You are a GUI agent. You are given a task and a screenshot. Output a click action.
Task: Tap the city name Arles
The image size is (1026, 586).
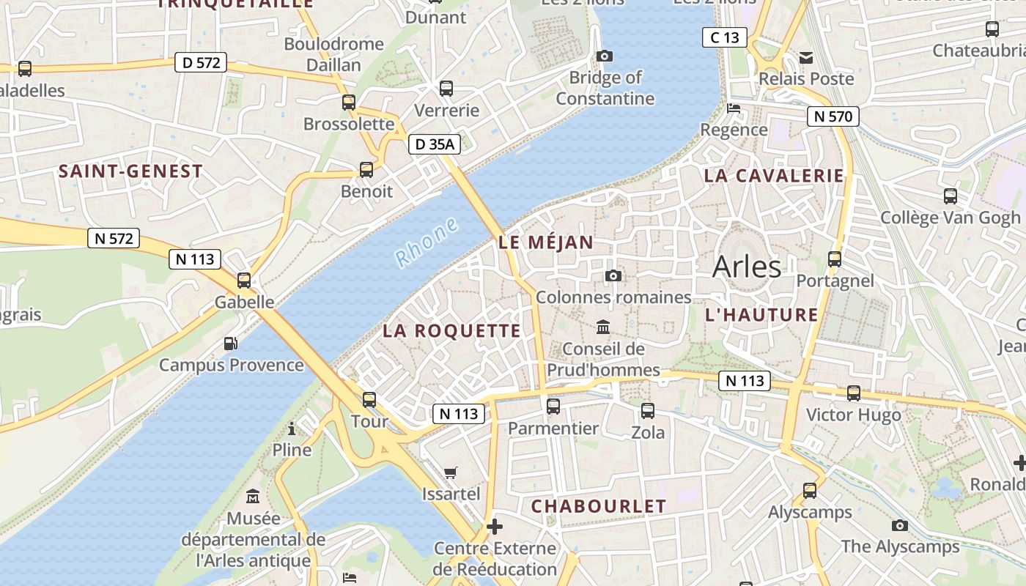(747, 267)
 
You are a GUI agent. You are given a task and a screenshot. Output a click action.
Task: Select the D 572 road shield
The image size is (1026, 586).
(201, 63)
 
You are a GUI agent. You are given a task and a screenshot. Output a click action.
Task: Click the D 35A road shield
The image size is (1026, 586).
(435, 144)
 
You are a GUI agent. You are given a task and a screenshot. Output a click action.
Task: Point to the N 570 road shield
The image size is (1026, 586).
(833, 116)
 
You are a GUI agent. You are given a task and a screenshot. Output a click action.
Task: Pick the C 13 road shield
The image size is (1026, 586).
(724, 37)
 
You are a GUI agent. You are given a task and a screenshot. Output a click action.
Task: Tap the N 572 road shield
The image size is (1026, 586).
(114, 238)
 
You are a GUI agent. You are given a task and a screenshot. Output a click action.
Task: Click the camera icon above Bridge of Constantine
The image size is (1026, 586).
(605, 56)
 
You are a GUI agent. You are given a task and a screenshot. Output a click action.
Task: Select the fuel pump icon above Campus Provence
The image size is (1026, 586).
(230, 343)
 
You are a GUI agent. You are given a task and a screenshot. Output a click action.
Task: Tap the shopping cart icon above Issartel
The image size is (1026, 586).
(451, 472)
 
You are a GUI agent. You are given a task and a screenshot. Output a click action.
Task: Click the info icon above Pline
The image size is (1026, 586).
(292, 429)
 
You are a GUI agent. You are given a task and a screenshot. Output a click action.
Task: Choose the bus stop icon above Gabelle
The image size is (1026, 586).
(244, 280)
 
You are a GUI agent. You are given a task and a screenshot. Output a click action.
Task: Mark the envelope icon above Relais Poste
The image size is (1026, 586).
(806, 57)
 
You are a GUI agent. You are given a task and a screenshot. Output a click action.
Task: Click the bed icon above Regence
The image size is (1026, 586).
(733, 108)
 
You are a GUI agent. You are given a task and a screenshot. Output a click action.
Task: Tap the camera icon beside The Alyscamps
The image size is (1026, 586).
(900, 525)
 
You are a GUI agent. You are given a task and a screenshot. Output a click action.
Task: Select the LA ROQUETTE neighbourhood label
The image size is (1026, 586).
(451, 330)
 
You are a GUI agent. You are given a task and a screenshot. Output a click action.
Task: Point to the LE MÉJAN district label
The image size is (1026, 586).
(546, 242)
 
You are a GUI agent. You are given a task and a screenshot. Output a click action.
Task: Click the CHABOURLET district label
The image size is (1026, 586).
(599, 506)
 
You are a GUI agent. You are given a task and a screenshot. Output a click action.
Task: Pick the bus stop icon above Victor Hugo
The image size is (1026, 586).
(854, 393)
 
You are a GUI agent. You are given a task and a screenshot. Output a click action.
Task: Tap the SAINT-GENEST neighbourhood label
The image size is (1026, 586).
(130, 171)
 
